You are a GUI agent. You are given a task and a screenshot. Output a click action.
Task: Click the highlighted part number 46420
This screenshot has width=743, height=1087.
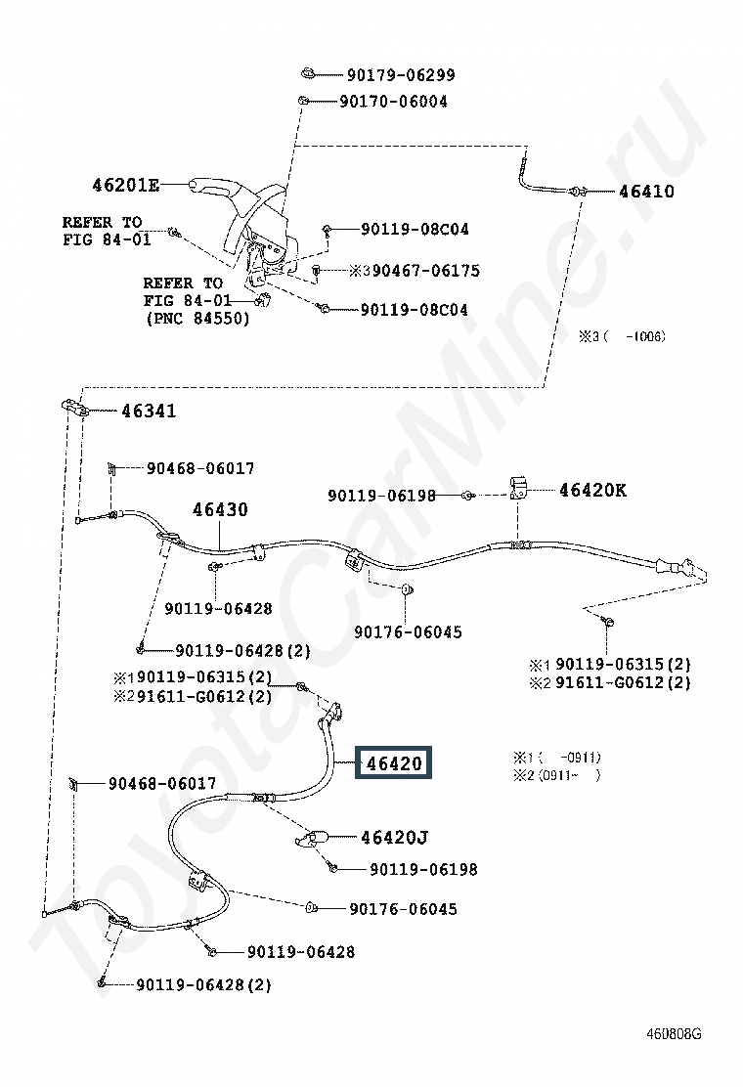[394, 763]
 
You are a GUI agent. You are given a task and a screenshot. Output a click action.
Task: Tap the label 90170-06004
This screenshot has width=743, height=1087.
[393, 102]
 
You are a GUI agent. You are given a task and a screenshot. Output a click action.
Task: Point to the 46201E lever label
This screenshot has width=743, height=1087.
[125, 185]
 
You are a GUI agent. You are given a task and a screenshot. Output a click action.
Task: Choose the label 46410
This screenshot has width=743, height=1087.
[646, 192]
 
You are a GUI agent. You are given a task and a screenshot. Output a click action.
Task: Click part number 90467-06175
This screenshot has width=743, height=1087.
[425, 271]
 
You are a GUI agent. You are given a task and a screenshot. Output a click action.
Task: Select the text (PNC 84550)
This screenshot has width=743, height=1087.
[197, 319]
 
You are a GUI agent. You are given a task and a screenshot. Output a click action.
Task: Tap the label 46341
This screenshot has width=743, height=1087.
[149, 412]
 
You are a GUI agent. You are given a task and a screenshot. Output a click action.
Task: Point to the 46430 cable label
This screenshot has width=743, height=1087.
[220, 509]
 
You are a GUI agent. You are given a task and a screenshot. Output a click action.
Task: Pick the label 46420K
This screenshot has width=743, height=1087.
[592, 490]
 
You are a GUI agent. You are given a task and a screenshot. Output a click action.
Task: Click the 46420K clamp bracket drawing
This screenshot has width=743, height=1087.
[518, 487]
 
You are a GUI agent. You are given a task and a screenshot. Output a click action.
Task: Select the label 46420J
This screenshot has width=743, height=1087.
[394, 838]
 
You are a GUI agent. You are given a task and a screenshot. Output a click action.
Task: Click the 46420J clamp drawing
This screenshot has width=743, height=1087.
[313, 839]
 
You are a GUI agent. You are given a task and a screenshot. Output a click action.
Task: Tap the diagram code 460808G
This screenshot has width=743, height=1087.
[674, 1033]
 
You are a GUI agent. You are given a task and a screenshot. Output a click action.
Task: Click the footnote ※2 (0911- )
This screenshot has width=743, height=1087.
[556, 775]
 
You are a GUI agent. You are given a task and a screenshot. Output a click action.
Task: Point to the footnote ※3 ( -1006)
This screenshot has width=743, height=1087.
[622, 337]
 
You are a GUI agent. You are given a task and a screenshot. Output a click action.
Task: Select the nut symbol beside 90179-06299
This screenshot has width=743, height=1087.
[308, 72]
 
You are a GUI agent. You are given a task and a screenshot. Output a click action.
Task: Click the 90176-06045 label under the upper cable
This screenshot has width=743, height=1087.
[408, 632]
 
